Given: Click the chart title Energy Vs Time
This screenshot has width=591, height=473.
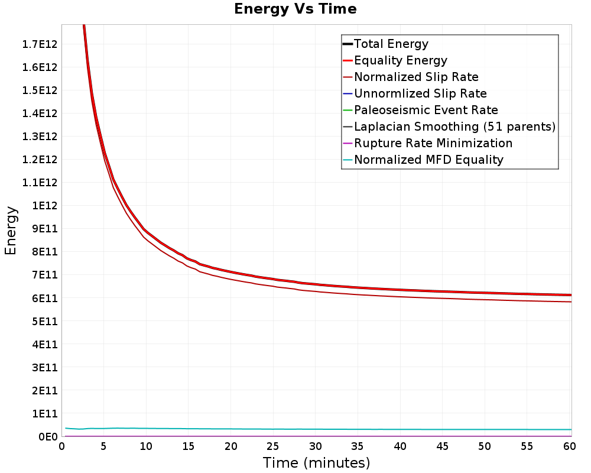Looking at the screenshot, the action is click(295, 9).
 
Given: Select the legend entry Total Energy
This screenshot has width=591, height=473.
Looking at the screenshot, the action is click(391, 44).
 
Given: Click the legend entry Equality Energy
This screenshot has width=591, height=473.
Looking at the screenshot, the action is click(401, 60).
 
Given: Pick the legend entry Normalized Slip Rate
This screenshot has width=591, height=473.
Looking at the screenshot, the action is click(416, 77).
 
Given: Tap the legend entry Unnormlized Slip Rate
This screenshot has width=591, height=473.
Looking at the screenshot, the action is click(420, 93).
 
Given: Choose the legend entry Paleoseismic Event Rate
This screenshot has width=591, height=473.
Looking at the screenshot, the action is click(426, 110).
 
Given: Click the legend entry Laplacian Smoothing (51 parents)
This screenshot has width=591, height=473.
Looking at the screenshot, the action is click(455, 127).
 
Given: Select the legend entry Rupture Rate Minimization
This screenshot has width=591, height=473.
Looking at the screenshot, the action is click(433, 143).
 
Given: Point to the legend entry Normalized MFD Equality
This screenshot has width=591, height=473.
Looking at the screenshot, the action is click(428, 160).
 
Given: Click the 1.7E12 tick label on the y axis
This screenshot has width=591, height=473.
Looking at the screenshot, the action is click(40, 44).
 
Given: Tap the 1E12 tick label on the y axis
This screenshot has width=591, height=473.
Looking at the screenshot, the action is click(45, 206).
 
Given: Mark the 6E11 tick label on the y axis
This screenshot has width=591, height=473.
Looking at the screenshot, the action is click(45, 299).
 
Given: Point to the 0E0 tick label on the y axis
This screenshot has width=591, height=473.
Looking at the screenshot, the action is click(48, 437).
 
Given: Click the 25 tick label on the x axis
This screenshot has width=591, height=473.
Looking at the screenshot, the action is click(273, 446).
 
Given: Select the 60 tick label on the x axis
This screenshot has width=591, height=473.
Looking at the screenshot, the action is click(570, 446).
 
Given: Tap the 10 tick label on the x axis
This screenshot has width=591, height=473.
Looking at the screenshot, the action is click(146, 446).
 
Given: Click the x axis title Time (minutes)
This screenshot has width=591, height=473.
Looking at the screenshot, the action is click(316, 463).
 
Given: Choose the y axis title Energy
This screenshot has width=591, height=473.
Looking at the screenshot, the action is click(11, 231).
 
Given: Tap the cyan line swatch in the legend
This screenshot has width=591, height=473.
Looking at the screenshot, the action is click(348, 160).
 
